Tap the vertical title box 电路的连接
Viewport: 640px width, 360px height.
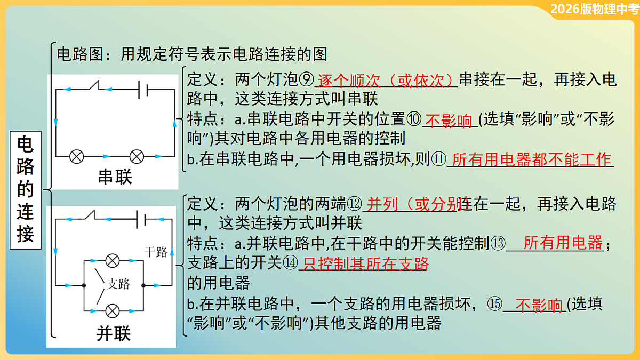click(26, 189)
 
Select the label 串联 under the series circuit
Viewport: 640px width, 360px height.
click(115, 177)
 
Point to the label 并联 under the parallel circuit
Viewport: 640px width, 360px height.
click(113, 334)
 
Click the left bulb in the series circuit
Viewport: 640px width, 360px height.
click(77, 156)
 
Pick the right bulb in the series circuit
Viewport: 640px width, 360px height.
click(137, 156)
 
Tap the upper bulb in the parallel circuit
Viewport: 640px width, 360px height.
click(112, 260)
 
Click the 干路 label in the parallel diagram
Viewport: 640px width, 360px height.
click(155, 252)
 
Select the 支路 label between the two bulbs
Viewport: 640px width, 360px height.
click(118, 284)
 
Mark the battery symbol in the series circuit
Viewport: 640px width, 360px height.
click(143, 90)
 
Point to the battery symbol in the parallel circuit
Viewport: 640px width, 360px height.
click(142, 218)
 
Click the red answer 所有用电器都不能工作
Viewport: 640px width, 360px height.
click(531, 159)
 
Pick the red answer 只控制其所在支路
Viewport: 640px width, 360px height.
click(365, 263)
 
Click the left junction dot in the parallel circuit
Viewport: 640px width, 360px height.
click(84, 285)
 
